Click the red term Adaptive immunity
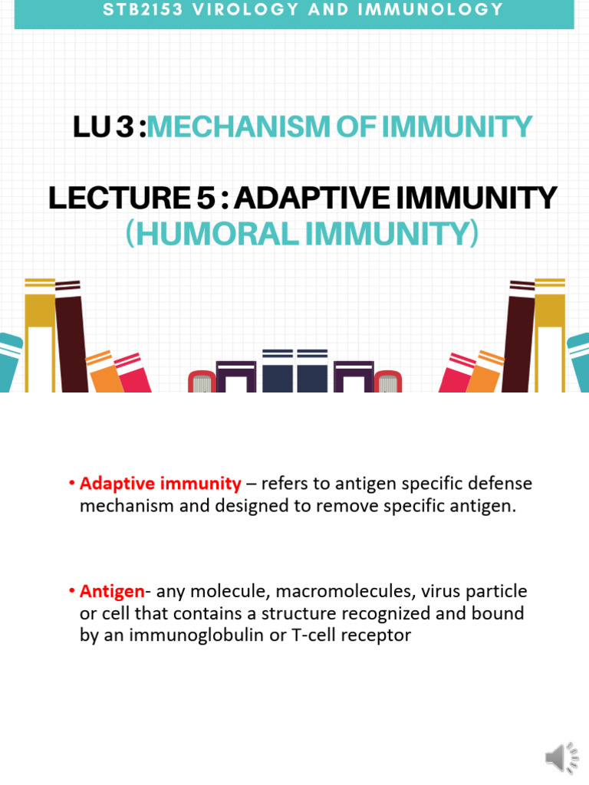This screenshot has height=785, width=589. click(x=160, y=484)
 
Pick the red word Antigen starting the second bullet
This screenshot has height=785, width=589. click(x=112, y=591)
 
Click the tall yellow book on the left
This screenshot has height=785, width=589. click(x=40, y=337)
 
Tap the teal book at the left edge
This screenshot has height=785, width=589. click(x=10, y=364)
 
